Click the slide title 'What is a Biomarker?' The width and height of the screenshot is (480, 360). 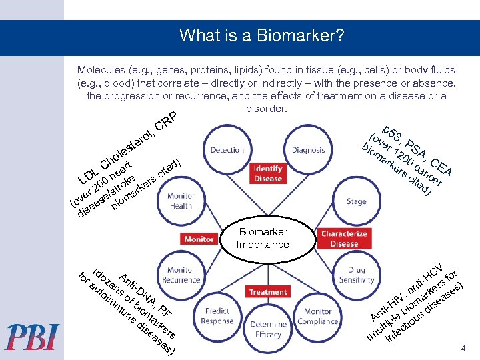tap(261, 35)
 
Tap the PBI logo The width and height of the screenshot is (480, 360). tap(33, 337)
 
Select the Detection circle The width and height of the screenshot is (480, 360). tap(227, 151)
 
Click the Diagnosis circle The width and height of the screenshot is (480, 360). tap(308, 151)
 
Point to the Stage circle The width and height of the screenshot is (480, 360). tap(356, 201)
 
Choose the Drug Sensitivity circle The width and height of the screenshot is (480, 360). tap(356, 275)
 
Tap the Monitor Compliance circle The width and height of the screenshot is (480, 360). tap(317, 315)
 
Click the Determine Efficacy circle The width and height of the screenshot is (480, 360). tap(268, 329)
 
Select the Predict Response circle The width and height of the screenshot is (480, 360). tap(217, 315)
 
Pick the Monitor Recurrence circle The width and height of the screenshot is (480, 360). tap(181, 275)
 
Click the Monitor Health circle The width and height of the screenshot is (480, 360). tap(181, 201)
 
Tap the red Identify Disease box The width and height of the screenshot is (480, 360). tap(267, 173)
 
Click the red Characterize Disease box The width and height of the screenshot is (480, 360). tap(343, 239)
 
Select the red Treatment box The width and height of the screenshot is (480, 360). tap(268, 292)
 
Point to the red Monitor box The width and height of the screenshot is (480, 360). tap(199, 239)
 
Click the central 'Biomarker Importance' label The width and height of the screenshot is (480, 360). tap(262, 238)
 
